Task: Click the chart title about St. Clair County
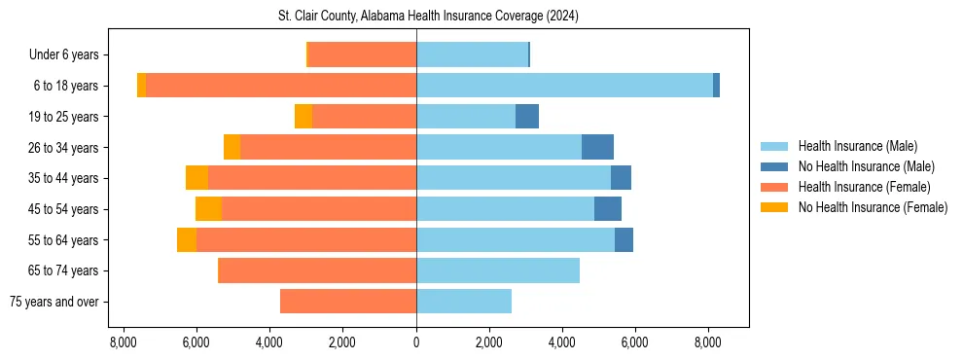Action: tap(415, 16)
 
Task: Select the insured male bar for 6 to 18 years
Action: tap(564, 86)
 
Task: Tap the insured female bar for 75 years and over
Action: tap(348, 302)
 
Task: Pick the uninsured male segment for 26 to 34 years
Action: tap(597, 147)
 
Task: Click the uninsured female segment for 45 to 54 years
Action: tap(208, 209)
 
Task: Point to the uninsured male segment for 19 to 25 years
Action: tap(527, 117)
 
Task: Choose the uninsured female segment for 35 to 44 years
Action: tap(196, 178)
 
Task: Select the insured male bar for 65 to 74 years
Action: tap(498, 270)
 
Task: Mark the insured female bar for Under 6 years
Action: tap(362, 54)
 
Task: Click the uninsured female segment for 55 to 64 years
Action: tap(187, 240)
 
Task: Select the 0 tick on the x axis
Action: tap(416, 342)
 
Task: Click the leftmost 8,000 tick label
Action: tap(123, 342)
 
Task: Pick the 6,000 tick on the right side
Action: tap(634, 342)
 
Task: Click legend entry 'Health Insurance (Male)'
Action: tap(857, 146)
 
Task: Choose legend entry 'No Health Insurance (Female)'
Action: tap(873, 207)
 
